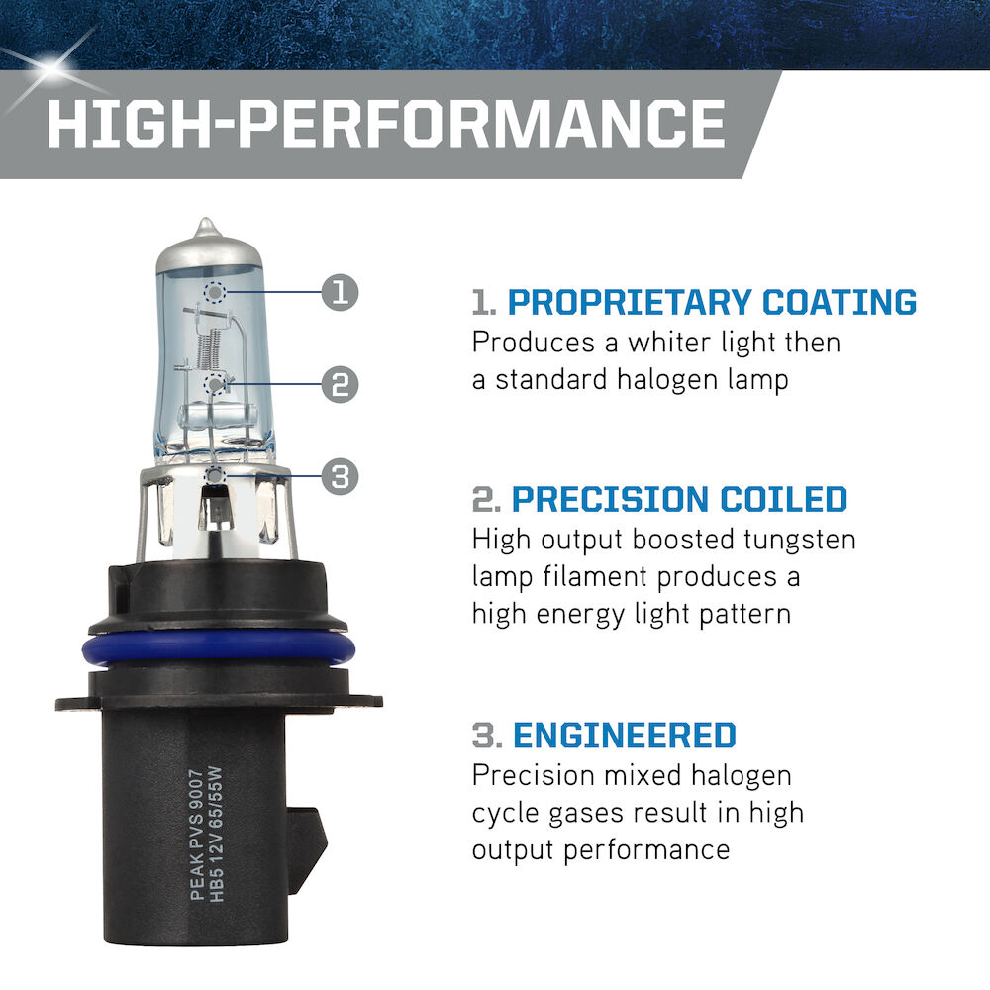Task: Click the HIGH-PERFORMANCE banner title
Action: coord(386,124)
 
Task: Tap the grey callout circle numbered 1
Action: coord(340,292)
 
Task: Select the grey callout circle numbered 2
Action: coord(340,384)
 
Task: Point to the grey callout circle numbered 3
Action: coord(340,477)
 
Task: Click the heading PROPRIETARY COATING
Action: coord(712,302)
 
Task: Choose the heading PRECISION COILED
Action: coord(679,499)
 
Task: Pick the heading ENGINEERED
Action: coord(625,736)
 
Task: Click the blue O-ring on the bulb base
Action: coord(218,649)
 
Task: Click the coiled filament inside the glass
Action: coord(209,349)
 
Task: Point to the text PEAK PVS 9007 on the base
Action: coord(197,835)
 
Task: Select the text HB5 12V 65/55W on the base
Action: coord(216,835)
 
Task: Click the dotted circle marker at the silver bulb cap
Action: coord(215,292)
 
